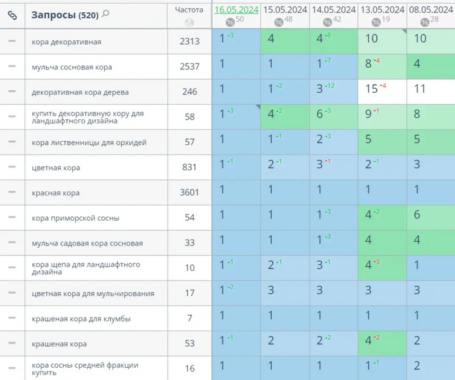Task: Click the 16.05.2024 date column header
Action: tap(236, 10)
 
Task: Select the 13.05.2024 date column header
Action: tap(382, 10)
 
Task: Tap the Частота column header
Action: tap(189, 10)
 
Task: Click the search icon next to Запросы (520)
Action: tap(106, 14)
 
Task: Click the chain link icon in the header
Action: tap(12, 14)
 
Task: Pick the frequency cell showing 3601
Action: tap(189, 192)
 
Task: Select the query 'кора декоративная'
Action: tap(66, 42)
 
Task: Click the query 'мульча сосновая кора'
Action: tap(71, 67)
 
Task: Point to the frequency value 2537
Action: tap(189, 66)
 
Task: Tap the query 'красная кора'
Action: tap(56, 193)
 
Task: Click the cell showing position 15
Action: tap(372, 89)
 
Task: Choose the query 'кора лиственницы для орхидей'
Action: tap(89, 142)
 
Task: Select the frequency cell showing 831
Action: tap(189, 167)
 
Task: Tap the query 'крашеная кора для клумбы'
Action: tap(81, 318)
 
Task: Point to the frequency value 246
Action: tap(189, 92)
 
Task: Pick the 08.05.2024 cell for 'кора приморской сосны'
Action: tap(417, 215)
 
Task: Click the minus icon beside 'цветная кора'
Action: tap(12, 167)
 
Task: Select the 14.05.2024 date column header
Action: tap(333, 10)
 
